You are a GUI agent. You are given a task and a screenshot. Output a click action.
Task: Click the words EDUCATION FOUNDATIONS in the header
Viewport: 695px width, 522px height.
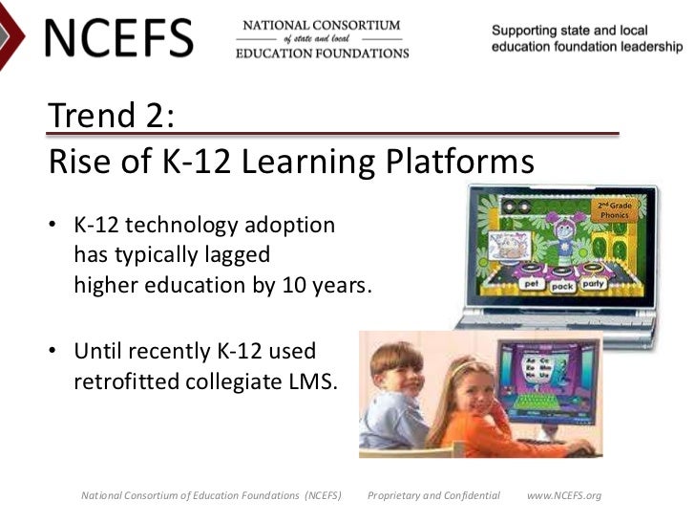point(322,54)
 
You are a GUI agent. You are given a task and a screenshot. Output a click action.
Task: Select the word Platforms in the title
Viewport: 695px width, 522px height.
point(458,163)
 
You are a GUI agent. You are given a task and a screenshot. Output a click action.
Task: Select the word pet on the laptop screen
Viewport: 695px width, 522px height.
point(532,284)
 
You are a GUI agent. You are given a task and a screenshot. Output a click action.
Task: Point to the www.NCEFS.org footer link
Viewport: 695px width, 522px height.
point(564,495)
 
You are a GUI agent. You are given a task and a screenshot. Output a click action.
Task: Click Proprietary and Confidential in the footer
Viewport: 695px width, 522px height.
point(433,495)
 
